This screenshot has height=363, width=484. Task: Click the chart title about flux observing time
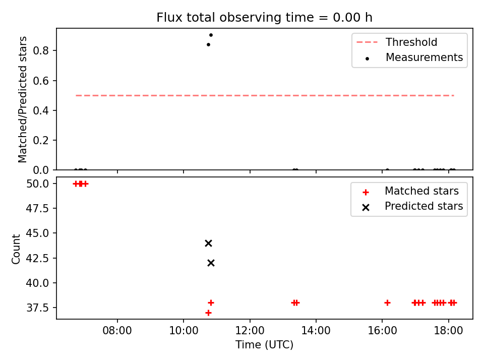point(264,18)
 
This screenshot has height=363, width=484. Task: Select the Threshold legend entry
point(397,42)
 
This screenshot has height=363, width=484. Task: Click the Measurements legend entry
point(413,57)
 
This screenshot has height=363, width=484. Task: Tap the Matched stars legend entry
point(410,192)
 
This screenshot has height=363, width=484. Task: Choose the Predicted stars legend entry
point(412,206)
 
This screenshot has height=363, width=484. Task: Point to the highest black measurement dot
point(211,35)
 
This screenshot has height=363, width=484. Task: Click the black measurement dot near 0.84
point(208,44)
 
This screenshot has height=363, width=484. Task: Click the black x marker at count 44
point(208,243)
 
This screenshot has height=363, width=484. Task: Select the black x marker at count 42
point(211,263)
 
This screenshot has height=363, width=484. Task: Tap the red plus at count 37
point(208,313)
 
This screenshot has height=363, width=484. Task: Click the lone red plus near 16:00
point(387,303)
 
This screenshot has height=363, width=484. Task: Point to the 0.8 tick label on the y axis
point(41,50)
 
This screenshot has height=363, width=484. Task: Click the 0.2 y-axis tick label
point(41,140)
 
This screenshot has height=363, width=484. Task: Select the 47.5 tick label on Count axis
point(37,208)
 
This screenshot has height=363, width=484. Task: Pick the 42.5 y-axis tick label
point(37,258)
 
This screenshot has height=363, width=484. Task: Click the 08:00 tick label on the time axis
point(117,331)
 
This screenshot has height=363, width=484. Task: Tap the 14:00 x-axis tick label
point(316,331)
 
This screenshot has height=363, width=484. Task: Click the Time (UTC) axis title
point(265,344)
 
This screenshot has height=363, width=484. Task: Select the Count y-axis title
point(16,249)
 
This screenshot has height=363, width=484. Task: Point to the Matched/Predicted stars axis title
point(22,99)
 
